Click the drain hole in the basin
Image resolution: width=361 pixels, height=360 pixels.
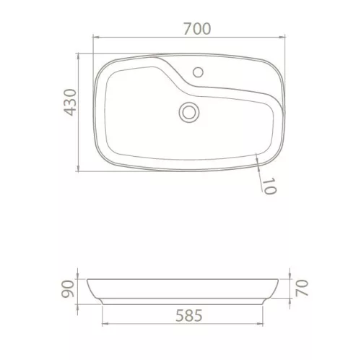pyautogui.click(x=190, y=111)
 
